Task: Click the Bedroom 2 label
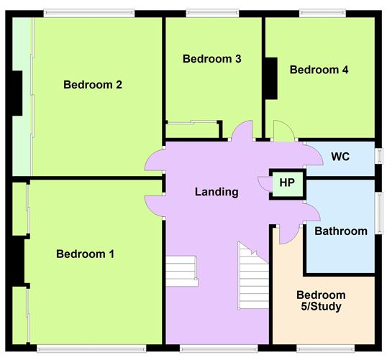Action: pyautogui.click(x=93, y=85)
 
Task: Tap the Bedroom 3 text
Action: pyautogui.click(x=211, y=59)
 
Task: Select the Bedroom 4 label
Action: pyautogui.click(x=319, y=70)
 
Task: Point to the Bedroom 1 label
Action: pyautogui.click(x=85, y=254)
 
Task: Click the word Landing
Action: pyautogui.click(x=217, y=192)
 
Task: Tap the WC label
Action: pyautogui.click(x=340, y=157)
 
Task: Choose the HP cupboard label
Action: pyautogui.click(x=287, y=183)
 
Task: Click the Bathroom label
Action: pyautogui.click(x=341, y=231)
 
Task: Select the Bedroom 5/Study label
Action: pyautogui.click(x=321, y=301)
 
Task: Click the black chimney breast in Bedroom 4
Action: pyautogui.click(x=271, y=78)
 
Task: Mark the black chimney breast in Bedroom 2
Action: pyautogui.click(x=17, y=93)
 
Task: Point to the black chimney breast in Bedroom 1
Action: pyautogui.click(x=18, y=260)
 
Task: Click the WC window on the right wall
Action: pyautogui.click(x=378, y=156)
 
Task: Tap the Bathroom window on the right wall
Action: pyautogui.click(x=378, y=213)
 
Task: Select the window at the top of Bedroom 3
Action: pyautogui.click(x=212, y=14)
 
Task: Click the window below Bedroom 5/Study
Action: pyautogui.click(x=326, y=348)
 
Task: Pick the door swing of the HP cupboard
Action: pyautogui.click(x=265, y=184)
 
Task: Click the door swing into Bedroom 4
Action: pyautogui.click(x=284, y=131)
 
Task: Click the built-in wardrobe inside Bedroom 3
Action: pyautogui.click(x=193, y=130)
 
